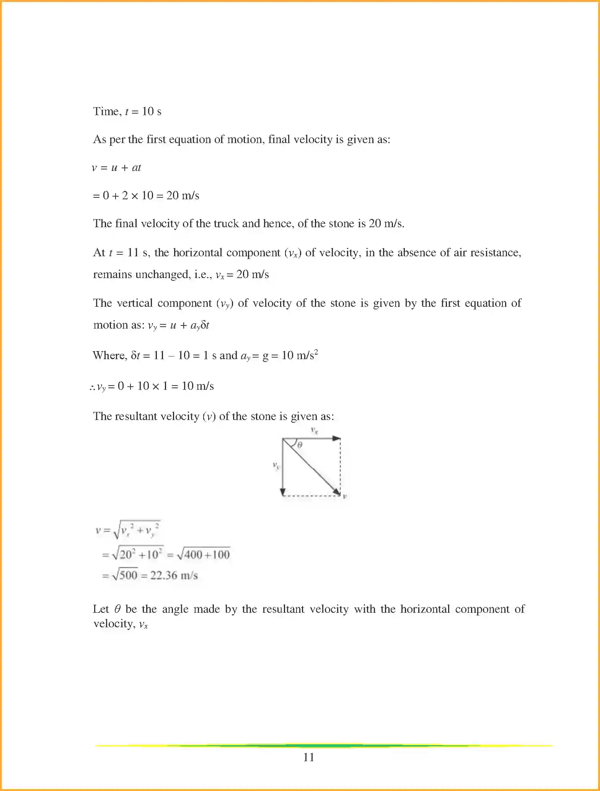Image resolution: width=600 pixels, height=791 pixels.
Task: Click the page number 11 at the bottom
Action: point(308,757)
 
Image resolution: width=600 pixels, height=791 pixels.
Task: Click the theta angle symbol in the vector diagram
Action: point(300,445)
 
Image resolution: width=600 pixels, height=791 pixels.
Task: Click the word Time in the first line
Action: point(106,111)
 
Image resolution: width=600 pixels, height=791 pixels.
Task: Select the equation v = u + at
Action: point(116,168)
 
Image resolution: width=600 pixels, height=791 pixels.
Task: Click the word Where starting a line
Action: point(109,355)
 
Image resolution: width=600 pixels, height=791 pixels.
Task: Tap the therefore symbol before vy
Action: point(92,387)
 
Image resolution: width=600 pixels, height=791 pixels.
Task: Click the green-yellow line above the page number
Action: point(324,745)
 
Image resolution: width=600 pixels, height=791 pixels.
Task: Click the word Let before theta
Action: point(101,609)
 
